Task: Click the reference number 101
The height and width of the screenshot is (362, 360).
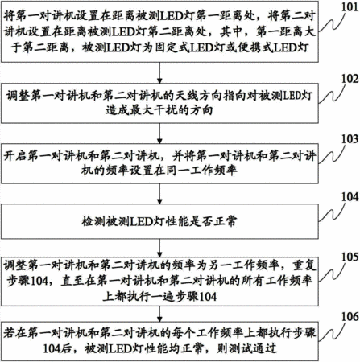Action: point(350,7)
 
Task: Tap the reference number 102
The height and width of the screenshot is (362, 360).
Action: point(350,79)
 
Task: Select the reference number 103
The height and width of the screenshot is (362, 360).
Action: point(350,139)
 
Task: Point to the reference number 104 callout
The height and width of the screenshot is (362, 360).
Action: point(350,197)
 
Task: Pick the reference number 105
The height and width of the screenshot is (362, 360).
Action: point(350,257)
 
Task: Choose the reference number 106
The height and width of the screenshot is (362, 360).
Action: point(350,317)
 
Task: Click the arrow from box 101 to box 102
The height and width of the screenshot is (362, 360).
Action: point(159,73)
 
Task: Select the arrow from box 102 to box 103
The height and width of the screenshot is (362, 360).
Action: point(159,134)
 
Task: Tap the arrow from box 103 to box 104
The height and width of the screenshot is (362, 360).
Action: point(159,194)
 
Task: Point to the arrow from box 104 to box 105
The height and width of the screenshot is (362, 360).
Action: point(159,249)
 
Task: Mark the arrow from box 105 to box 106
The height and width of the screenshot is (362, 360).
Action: point(159,315)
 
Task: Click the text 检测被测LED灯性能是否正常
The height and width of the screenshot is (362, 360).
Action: point(159,222)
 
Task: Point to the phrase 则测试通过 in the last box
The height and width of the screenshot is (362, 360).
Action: point(246,348)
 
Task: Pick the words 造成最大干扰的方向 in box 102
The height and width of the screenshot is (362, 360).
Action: point(159,110)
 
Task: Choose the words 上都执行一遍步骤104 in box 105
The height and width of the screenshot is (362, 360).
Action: point(159,297)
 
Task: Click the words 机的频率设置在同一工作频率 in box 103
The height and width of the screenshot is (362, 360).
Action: point(159,171)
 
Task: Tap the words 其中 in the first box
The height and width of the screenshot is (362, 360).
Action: point(231,32)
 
